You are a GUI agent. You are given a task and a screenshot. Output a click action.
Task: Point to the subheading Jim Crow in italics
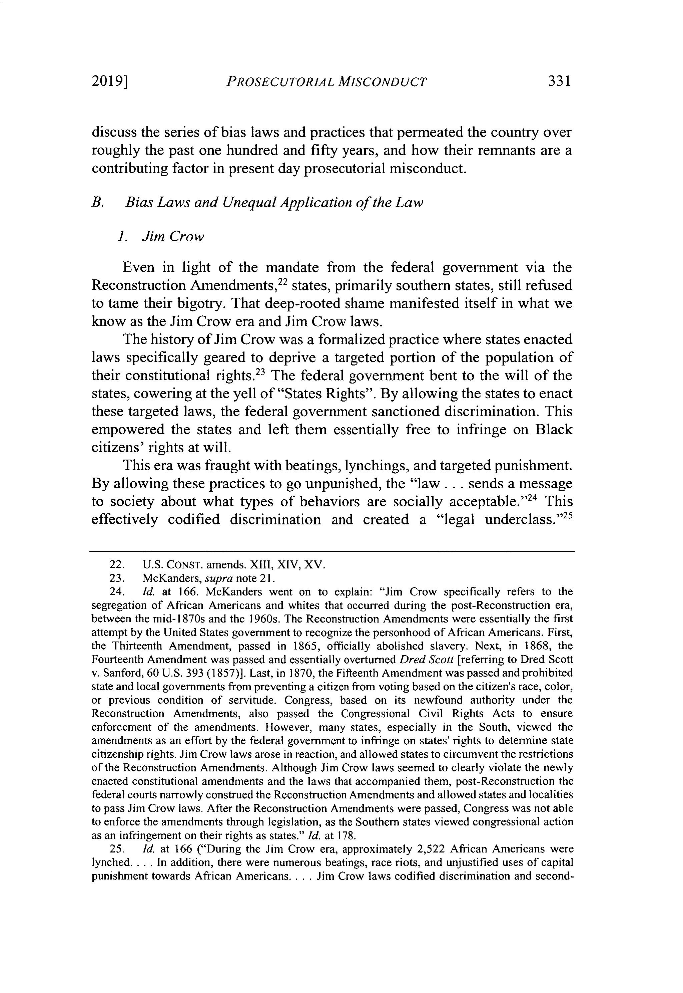[172, 236]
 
